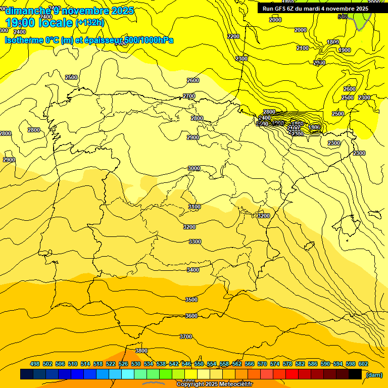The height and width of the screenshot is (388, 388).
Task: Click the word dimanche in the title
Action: [26, 11]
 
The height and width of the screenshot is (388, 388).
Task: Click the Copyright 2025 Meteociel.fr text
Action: [214, 384]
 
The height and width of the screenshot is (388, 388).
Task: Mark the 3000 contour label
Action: [194, 168]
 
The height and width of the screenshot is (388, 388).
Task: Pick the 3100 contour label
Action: [194, 207]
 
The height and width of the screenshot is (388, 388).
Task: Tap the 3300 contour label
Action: [195, 241]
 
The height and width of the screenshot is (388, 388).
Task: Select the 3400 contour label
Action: [193, 270]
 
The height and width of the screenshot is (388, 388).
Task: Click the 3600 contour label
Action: [191, 316]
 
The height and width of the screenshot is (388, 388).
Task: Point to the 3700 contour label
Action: [186, 336]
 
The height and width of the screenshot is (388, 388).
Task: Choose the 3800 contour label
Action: [141, 351]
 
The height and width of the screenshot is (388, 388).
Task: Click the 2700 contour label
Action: [189, 96]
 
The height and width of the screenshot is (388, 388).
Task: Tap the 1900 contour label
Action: [345, 50]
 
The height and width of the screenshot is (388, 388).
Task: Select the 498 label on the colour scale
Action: [35, 364]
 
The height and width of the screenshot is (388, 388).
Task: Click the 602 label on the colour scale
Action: [363, 364]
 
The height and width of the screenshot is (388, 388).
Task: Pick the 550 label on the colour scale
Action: [199, 364]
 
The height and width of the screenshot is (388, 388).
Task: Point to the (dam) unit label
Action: [373, 375]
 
